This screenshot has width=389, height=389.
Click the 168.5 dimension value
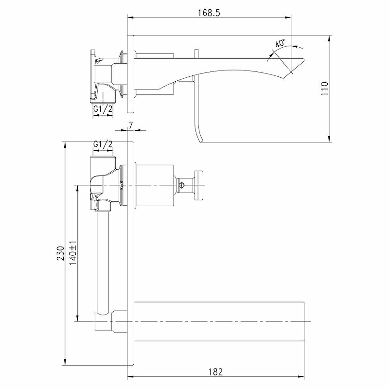(209, 13)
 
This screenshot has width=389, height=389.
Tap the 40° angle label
(280, 43)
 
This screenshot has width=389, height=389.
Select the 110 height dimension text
(324, 88)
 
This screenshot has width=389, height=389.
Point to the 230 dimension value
(60, 253)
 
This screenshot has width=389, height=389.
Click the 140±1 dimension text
(73, 253)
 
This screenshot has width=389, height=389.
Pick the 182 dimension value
(215, 372)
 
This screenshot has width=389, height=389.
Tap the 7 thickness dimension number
(131, 125)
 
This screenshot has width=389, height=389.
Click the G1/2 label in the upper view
(103, 108)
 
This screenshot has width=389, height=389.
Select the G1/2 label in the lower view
(103, 144)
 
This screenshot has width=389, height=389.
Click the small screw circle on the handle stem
(182, 185)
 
